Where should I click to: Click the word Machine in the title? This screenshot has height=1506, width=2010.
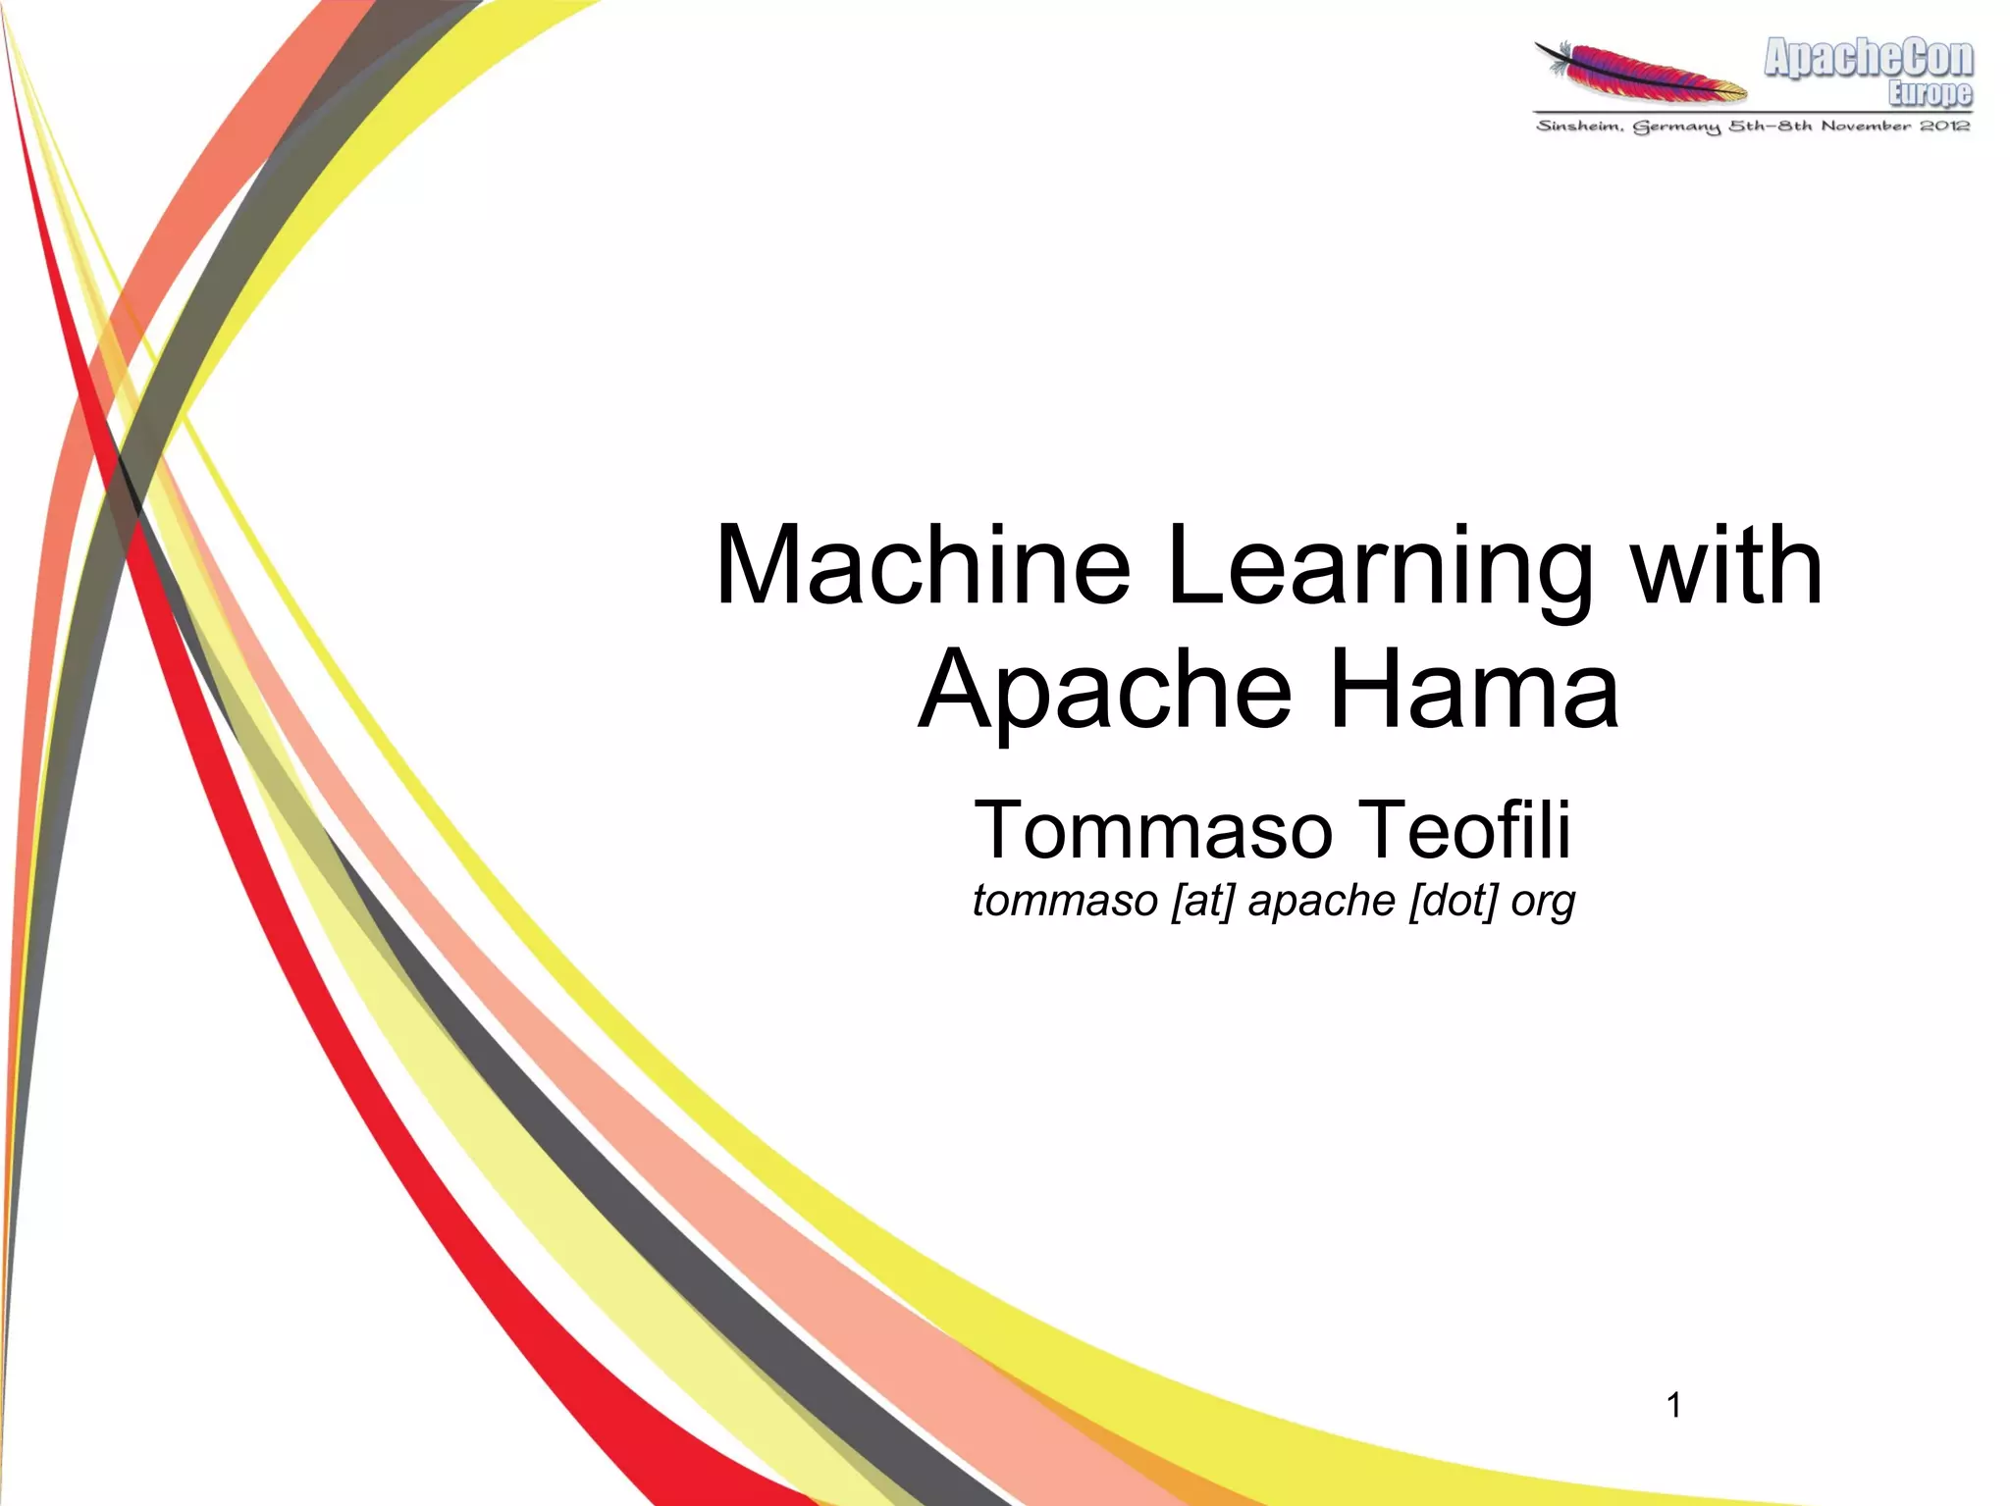coord(924,567)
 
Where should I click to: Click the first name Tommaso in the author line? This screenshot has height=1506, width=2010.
coord(1153,830)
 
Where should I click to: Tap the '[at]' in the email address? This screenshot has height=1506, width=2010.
coord(1202,901)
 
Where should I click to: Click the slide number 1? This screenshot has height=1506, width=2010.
coord(1674,1406)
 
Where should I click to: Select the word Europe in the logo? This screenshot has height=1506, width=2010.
coord(1930,93)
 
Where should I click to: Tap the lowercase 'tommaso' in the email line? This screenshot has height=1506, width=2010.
coord(1065,901)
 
